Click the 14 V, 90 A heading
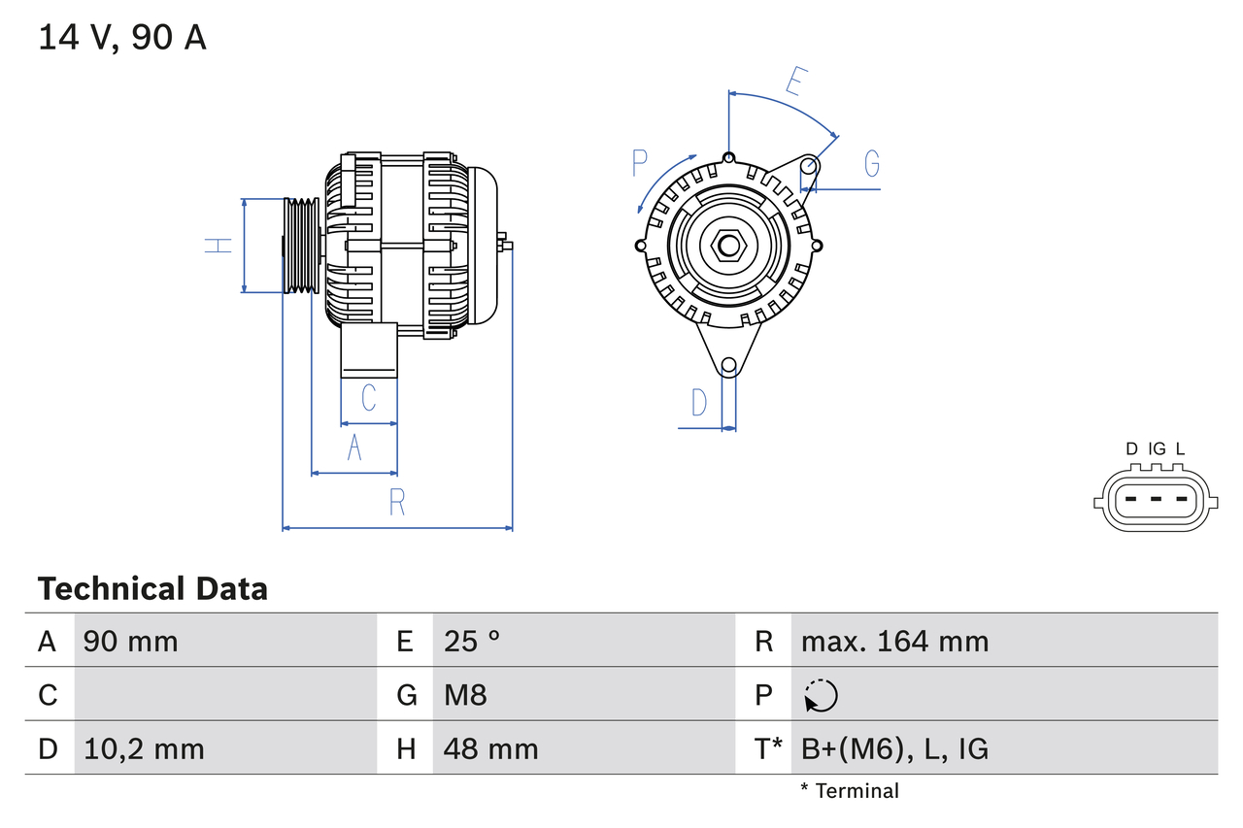[x=122, y=38]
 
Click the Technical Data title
[x=152, y=589]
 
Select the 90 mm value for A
[x=131, y=641]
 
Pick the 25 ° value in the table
[x=473, y=641]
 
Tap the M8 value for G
[x=465, y=695]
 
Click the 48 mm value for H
[x=490, y=748]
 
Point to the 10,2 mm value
[x=144, y=748]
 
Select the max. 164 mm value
[x=894, y=641]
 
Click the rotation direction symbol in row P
[x=821, y=695]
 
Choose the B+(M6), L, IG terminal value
[x=894, y=748]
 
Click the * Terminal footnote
[x=850, y=791]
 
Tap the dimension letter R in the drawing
[x=397, y=503]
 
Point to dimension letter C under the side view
[x=369, y=398]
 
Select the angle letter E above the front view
[x=793, y=82]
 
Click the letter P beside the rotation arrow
[x=639, y=163]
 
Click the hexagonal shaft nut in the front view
[x=728, y=246]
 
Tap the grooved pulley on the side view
[x=302, y=246]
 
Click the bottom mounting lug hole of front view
[x=728, y=366]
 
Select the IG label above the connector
[x=1157, y=448]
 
